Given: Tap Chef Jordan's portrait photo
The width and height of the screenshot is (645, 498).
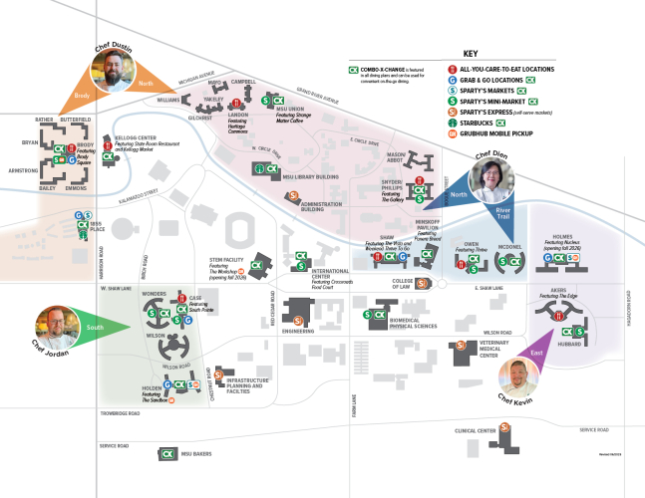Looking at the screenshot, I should [x=55, y=326].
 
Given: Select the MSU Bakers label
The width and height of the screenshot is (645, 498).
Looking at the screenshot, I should [x=197, y=454].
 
